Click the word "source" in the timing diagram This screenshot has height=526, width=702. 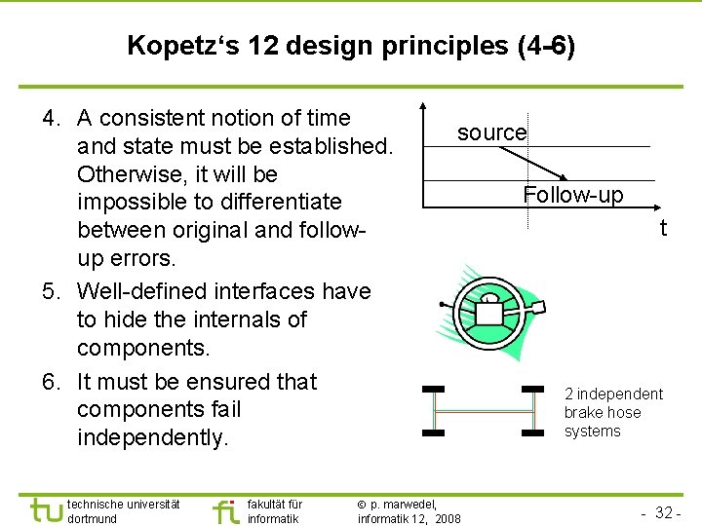pos(491,132)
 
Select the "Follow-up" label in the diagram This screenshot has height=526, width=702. pos(572,195)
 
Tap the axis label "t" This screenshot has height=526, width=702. pos(663,229)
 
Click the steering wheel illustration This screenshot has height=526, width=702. pos(491,307)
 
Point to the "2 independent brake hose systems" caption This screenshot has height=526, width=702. pos(613,412)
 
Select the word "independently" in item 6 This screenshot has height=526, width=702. pos(152,437)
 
